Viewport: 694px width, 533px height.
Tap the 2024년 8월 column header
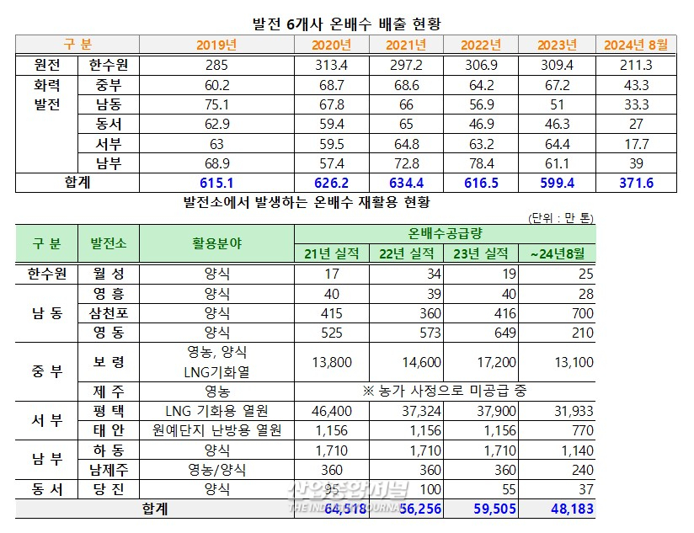coord(637,45)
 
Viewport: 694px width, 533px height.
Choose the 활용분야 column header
coord(216,243)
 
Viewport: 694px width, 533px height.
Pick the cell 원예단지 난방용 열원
coord(216,430)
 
